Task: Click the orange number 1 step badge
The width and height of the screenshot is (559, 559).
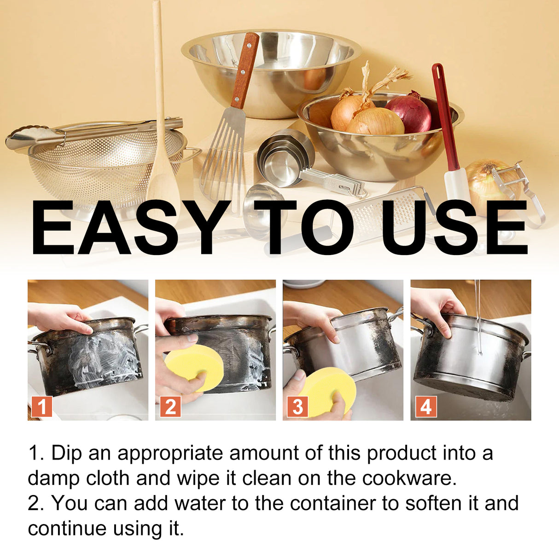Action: [x=42, y=407]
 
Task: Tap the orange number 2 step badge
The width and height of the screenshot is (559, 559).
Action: [x=170, y=407]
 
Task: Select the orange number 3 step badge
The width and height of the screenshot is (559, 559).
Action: [x=297, y=407]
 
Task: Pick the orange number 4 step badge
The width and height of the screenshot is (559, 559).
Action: [x=426, y=407]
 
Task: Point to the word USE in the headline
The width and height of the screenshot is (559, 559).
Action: [x=454, y=227]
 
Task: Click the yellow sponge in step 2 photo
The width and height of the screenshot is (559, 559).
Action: [x=194, y=366]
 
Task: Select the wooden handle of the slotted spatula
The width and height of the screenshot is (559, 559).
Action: [x=245, y=69]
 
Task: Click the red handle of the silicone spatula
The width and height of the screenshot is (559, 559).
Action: [x=444, y=115]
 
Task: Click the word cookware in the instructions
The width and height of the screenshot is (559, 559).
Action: [x=408, y=478]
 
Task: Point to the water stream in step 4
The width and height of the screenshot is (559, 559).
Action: [x=478, y=318]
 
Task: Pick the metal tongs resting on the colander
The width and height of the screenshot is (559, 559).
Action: [x=92, y=131]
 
